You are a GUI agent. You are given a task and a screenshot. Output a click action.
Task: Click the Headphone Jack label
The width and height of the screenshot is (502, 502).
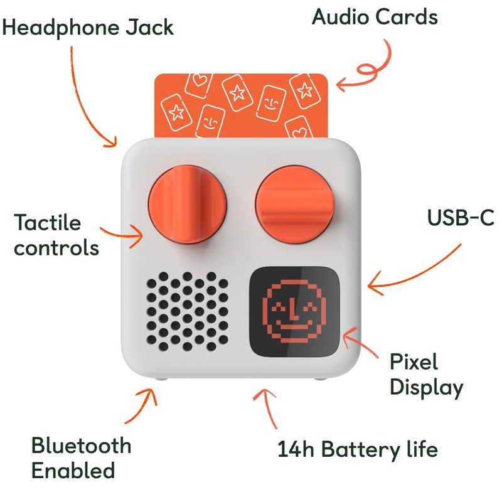click(87, 28)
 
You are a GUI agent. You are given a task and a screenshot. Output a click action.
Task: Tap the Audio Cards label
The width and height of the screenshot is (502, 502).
click(375, 17)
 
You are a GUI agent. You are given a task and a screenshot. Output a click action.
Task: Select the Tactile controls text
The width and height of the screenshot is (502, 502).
click(56, 235)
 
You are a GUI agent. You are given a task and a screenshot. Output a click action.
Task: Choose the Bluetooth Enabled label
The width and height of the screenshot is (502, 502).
click(82, 457)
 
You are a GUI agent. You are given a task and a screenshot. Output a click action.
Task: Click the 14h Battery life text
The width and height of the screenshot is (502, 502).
click(358, 449)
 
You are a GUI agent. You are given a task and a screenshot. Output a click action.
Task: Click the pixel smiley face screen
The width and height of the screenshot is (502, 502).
click(293, 311)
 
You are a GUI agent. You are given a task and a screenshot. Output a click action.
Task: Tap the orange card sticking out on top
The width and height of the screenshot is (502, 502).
click(242, 104)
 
